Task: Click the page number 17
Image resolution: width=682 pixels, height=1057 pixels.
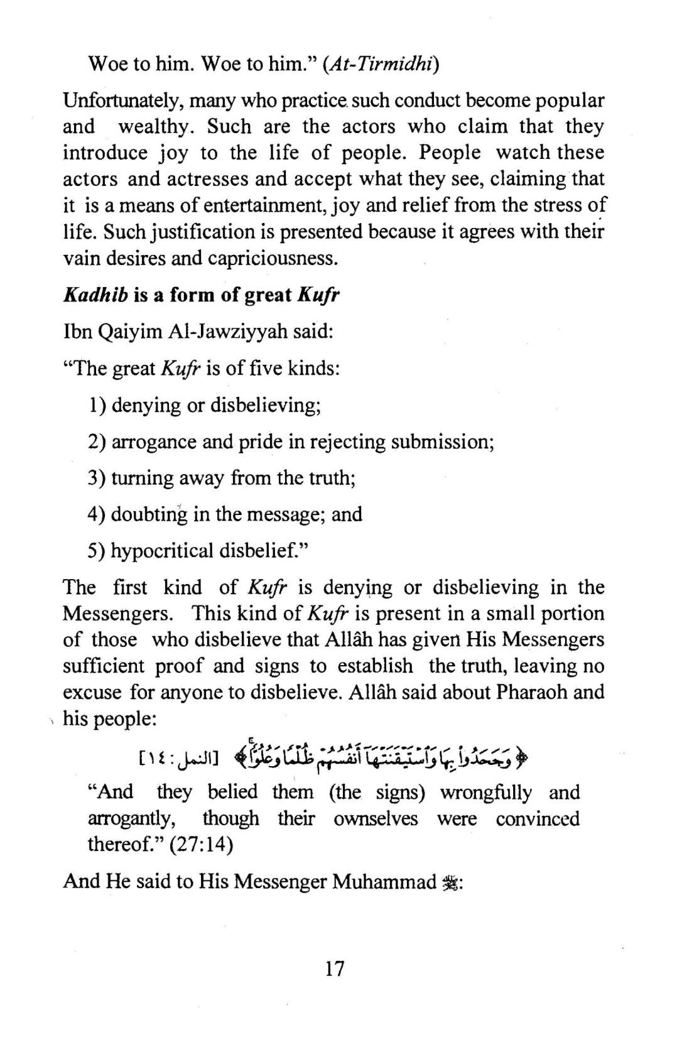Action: tap(335, 968)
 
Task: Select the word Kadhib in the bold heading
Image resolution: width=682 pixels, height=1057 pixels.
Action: tap(95, 295)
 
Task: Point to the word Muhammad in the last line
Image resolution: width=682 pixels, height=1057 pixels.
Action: tap(384, 882)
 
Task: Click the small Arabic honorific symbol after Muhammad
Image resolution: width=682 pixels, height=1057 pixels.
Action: tap(451, 882)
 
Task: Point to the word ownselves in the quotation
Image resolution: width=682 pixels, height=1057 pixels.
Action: tap(376, 818)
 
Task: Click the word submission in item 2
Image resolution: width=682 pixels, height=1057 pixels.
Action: tap(441, 442)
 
